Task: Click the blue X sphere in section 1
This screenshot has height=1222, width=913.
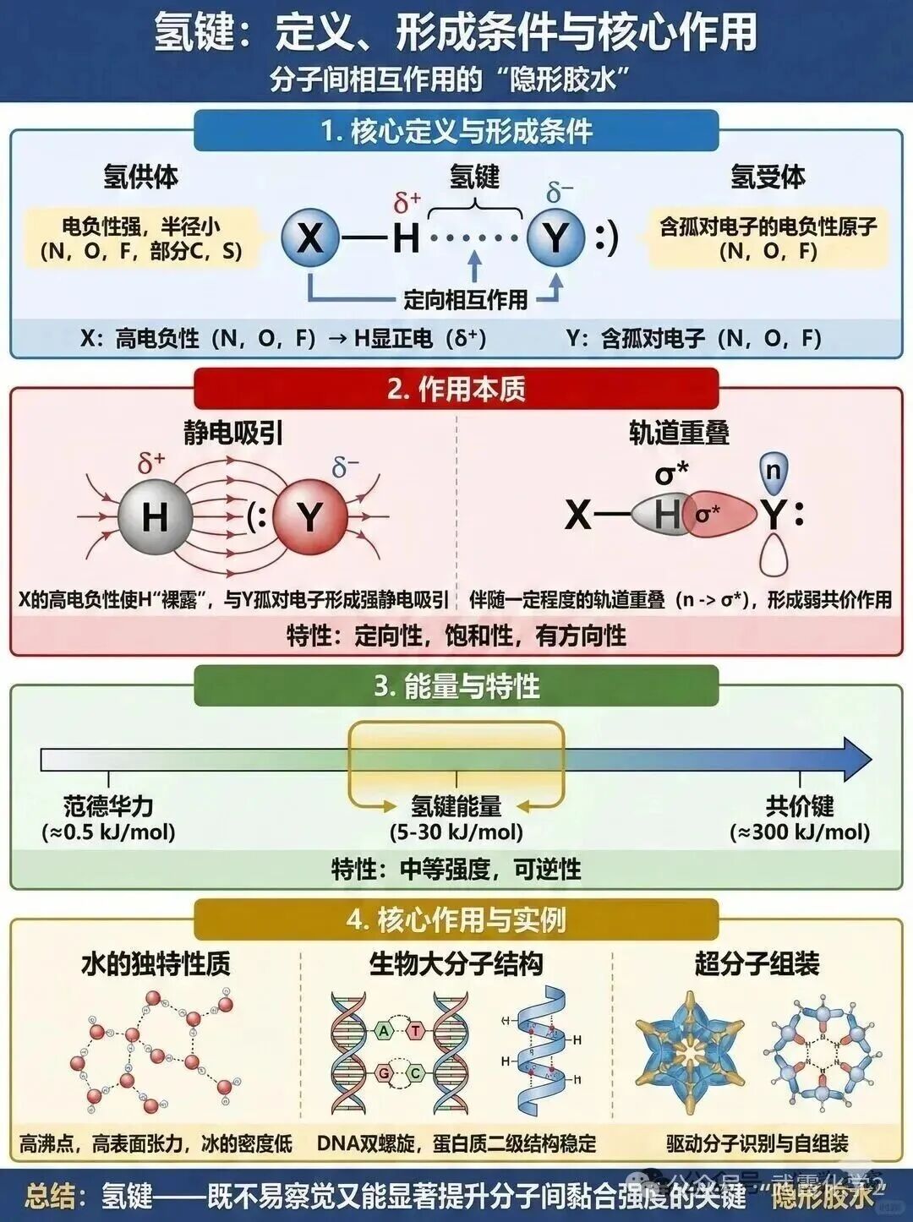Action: point(310,236)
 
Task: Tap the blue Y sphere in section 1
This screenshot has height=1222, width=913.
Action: point(555,236)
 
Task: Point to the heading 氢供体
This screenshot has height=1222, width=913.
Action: point(141,177)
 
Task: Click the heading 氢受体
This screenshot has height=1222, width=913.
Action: point(768,177)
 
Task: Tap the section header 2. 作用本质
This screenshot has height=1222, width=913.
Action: point(456,389)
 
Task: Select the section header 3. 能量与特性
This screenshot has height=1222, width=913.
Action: point(456,685)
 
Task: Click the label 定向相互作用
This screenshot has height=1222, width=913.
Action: point(465,298)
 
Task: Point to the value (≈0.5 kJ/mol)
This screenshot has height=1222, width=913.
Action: point(109,832)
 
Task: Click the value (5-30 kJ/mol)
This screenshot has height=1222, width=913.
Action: point(456,832)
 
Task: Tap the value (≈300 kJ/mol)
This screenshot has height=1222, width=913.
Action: point(800,832)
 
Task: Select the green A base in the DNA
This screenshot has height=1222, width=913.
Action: point(385,1030)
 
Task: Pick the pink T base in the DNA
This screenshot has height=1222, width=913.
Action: point(416,1030)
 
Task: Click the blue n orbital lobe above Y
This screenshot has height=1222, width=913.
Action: point(774,470)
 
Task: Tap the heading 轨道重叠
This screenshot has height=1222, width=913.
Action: point(679,433)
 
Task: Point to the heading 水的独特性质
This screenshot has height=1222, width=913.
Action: point(156,963)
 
